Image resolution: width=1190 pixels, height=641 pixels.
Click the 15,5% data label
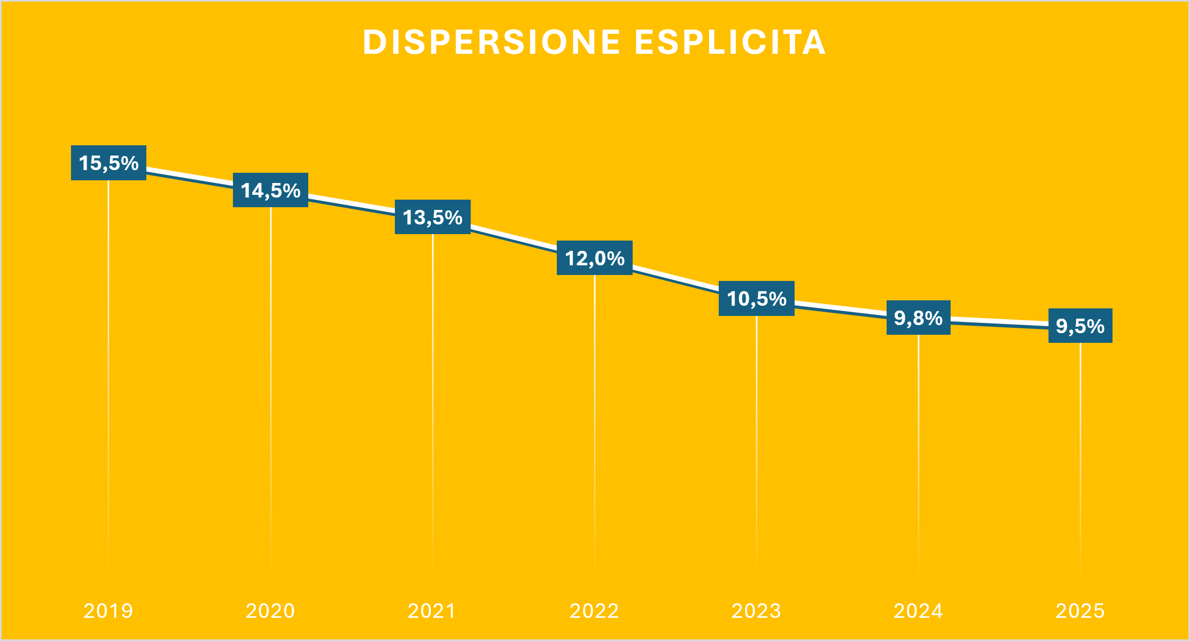[x=109, y=163]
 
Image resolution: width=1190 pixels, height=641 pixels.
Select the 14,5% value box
[x=271, y=190]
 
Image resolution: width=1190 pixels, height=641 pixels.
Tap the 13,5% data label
[x=433, y=217]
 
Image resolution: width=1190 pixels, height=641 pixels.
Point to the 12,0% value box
[x=594, y=258]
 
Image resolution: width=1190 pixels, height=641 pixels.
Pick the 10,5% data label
[x=756, y=298]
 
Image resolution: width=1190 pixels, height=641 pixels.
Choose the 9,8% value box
[x=918, y=318]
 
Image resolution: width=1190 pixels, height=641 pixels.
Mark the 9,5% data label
[x=1080, y=326]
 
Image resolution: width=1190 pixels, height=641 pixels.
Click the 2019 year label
[x=108, y=611]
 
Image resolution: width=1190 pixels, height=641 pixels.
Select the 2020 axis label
[x=270, y=611]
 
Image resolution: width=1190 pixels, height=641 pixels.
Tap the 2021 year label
[x=432, y=611]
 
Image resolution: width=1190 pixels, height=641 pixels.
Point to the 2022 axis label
[x=594, y=611]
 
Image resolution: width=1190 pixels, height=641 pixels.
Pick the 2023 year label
[x=756, y=611]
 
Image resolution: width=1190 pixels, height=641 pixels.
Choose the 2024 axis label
[x=918, y=611]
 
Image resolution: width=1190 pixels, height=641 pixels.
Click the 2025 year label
[x=1080, y=611]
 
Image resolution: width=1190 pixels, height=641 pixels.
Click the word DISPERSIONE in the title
[x=492, y=42]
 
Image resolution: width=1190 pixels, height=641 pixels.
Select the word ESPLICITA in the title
[x=730, y=42]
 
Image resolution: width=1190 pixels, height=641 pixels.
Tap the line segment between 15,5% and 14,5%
[x=189, y=177]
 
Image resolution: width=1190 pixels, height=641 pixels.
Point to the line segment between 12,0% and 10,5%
[x=676, y=279]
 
